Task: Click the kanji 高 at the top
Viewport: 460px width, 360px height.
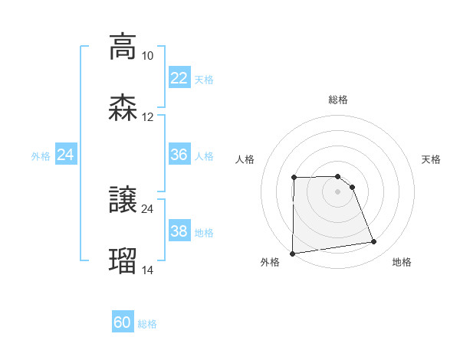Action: click(123, 46)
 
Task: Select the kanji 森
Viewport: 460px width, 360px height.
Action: click(123, 107)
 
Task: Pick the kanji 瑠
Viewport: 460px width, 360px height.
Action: click(123, 260)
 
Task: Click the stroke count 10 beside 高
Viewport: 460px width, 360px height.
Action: click(147, 56)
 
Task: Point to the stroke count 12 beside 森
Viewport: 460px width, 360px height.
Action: click(147, 117)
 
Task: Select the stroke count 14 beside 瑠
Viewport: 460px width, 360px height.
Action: click(147, 270)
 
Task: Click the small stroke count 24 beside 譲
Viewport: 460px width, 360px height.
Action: click(147, 208)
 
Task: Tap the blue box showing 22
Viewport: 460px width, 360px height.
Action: click(179, 78)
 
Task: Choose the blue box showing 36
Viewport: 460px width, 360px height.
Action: click(179, 155)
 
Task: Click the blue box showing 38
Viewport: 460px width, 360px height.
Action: click(179, 231)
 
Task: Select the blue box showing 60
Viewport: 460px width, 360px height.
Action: click(123, 323)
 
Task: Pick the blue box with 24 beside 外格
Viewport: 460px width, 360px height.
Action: click(66, 155)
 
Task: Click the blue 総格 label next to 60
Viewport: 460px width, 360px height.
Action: click(147, 324)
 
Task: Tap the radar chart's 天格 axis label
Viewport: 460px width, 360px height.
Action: click(432, 159)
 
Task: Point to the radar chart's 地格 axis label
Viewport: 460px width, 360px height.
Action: click(402, 263)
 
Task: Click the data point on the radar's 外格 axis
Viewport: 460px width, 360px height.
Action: click(292, 254)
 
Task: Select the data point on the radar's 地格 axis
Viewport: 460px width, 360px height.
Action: click(374, 242)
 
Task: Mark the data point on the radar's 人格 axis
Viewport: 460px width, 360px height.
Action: click(294, 178)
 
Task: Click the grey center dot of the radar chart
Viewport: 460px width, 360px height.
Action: click(338, 191)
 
